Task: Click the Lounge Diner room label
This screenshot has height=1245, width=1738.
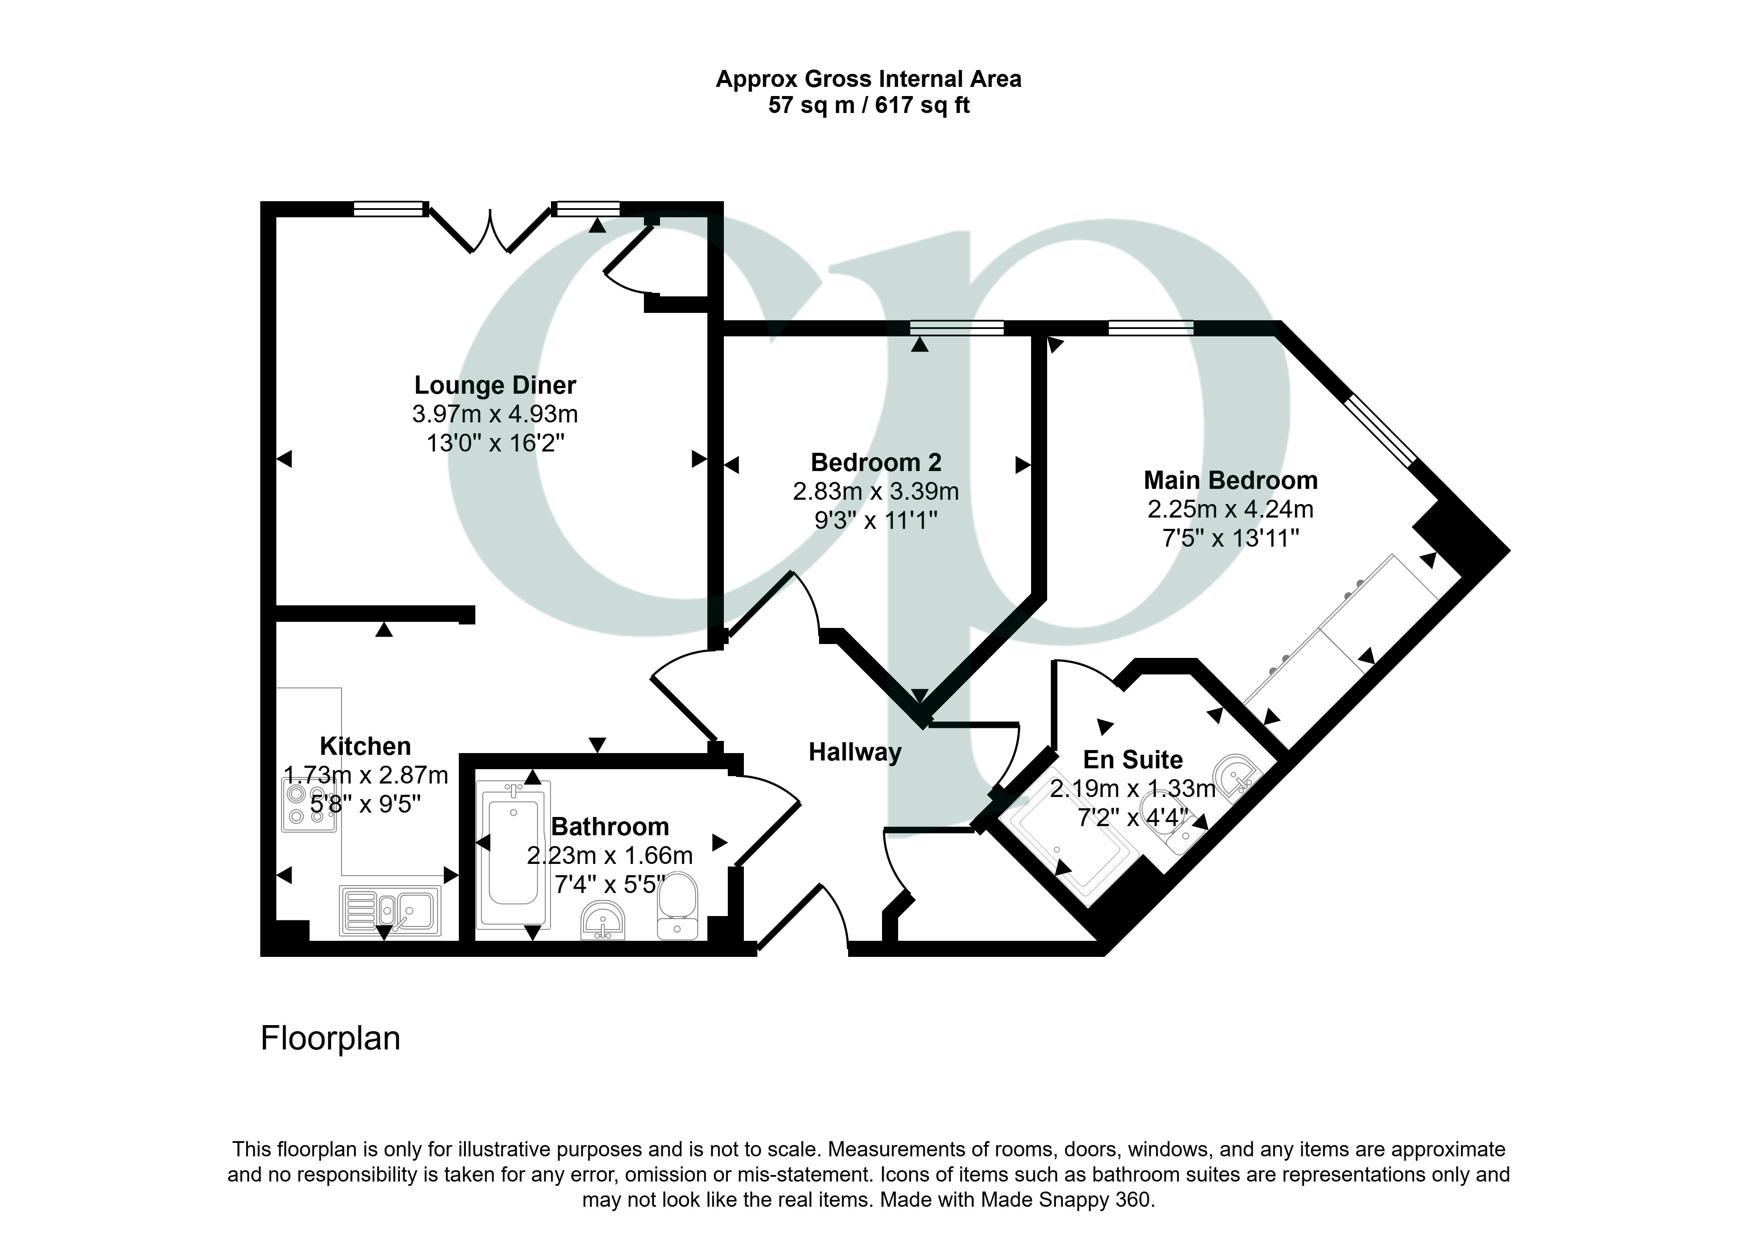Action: point(495,385)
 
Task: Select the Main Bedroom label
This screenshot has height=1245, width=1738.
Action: point(1231,481)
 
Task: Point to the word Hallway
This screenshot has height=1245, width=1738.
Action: point(855,753)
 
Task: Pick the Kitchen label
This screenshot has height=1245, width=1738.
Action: point(365,746)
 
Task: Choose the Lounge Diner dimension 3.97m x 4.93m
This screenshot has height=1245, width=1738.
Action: point(495,414)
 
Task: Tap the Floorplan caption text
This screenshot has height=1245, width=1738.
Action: point(330,1039)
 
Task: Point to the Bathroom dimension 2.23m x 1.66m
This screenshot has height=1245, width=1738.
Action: point(610,856)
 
